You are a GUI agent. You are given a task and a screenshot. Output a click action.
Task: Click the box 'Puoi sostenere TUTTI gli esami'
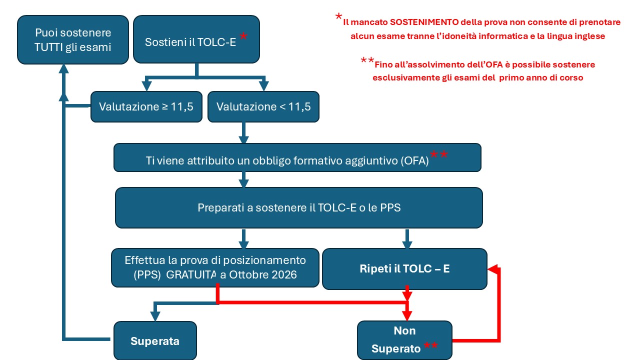[73, 39]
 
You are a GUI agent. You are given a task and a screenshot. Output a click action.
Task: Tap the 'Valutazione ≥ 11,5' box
[146, 106]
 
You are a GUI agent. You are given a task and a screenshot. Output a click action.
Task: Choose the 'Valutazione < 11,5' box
[263, 106]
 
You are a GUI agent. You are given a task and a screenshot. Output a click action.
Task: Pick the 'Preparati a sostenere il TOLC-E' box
[299, 207]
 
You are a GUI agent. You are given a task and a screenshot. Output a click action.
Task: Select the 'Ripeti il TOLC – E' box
[404, 268]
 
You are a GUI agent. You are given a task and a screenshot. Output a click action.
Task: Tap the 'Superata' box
[155, 341]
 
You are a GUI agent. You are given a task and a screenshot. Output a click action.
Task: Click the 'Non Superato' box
[404, 340]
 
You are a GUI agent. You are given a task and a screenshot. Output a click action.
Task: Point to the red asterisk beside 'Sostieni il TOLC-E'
[243, 36]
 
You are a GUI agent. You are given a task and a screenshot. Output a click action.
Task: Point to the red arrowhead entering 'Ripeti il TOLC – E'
[492, 269]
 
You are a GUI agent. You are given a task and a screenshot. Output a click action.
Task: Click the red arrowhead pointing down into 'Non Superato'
[407, 315]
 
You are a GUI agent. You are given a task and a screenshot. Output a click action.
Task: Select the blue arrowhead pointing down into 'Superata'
[155, 316]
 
